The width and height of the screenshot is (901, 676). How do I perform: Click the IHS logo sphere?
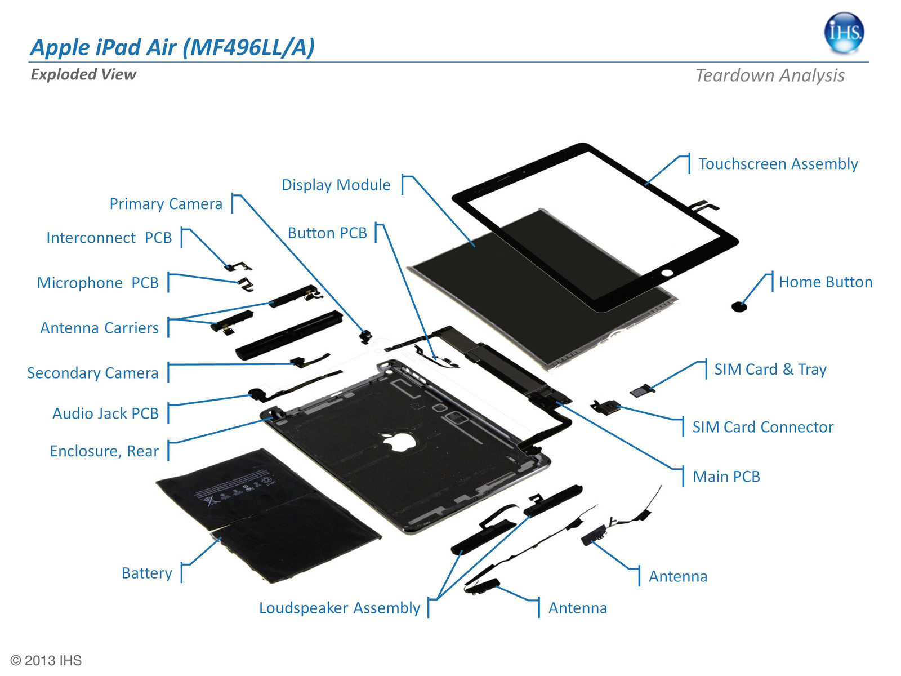[x=844, y=33]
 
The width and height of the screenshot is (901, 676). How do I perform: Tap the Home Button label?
[x=825, y=282]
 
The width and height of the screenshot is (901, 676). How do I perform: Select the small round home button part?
[x=739, y=307]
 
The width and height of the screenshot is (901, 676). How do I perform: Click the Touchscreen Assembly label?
[x=778, y=164]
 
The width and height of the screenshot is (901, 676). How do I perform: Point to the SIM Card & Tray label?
[x=770, y=370]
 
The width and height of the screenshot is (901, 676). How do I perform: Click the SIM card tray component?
[x=641, y=390]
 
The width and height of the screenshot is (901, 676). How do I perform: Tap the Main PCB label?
[x=726, y=477]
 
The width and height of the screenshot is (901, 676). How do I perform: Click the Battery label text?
[x=146, y=573]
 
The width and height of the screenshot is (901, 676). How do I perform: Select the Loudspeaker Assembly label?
[x=339, y=608]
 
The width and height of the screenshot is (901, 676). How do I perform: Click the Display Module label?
[x=336, y=185]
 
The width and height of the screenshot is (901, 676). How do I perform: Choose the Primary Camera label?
[x=166, y=204]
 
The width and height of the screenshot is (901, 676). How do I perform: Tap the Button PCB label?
[x=327, y=233]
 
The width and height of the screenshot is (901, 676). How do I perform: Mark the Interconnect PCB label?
[x=109, y=238]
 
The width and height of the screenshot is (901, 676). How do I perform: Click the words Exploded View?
[x=83, y=74]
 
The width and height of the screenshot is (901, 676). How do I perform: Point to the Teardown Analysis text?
[x=769, y=75]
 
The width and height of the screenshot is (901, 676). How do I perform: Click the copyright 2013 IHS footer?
[x=46, y=660]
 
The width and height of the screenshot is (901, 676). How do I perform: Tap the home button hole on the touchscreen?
[x=667, y=273]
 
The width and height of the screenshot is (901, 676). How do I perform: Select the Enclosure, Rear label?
[x=104, y=451]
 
